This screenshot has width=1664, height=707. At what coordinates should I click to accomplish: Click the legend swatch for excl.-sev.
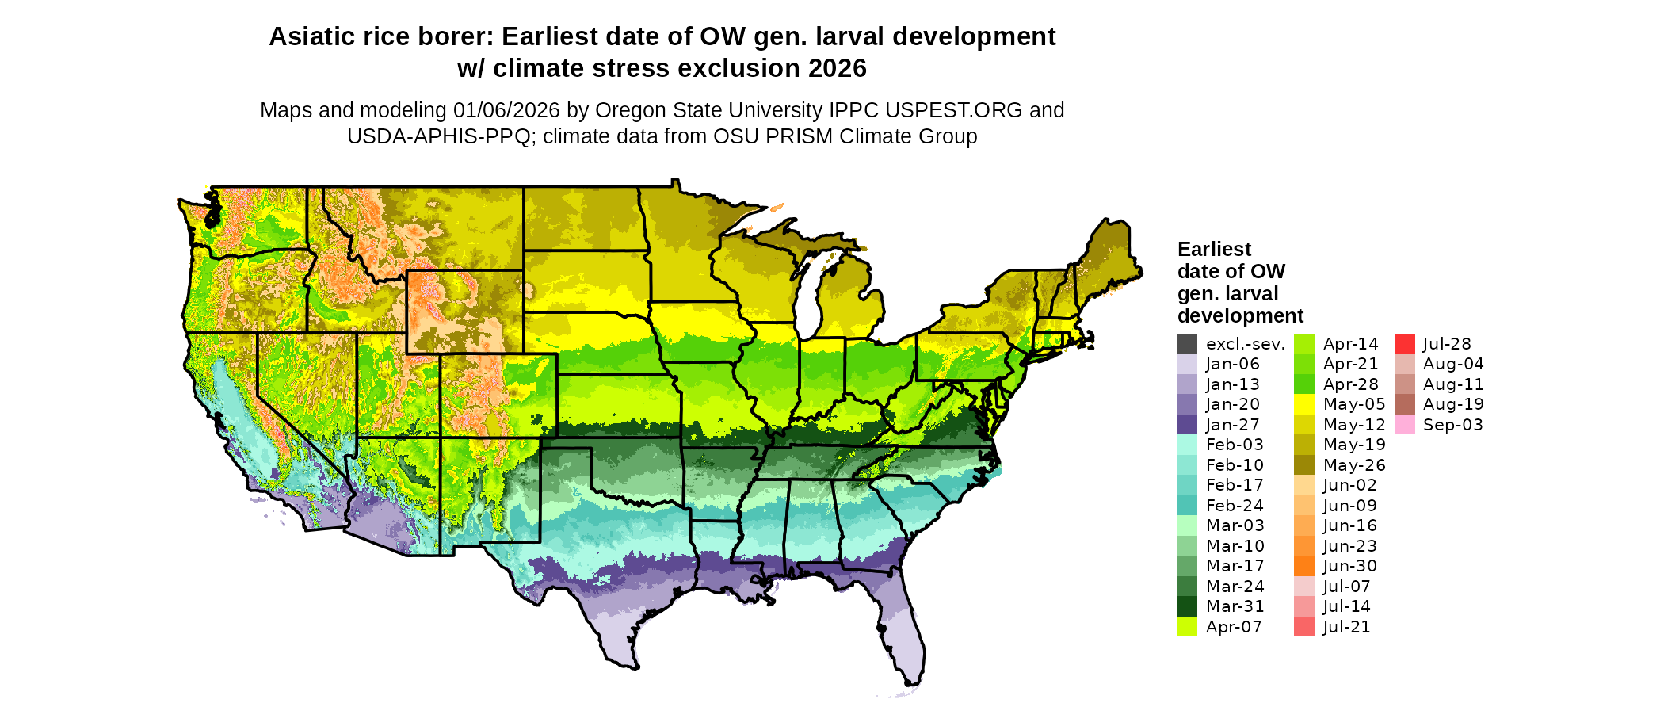(x=1187, y=344)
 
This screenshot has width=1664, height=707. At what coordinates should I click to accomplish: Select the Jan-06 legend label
(x=1232, y=365)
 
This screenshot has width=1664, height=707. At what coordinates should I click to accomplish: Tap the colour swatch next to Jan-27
(x=1187, y=425)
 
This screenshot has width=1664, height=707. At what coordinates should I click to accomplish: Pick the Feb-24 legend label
(x=1235, y=506)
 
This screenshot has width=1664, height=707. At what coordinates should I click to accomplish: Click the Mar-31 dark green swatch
(x=1187, y=606)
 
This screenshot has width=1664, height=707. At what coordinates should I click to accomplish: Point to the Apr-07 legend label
(x=1234, y=627)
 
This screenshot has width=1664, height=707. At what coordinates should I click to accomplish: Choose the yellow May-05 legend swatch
(x=1303, y=404)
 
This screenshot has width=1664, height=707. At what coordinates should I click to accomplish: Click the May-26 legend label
(x=1354, y=465)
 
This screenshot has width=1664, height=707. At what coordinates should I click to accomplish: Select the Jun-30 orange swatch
(x=1303, y=566)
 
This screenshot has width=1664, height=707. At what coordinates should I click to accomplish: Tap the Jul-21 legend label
(x=1346, y=627)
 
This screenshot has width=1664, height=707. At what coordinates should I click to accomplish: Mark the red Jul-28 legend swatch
(x=1404, y=344)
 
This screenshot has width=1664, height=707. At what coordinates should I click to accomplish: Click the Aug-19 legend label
(x=1453, y=404)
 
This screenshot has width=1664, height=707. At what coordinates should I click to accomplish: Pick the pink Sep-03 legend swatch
(x=1404, y=425)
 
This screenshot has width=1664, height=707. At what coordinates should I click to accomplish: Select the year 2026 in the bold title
(x=837, y=69)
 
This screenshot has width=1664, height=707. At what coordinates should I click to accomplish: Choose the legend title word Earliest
(x=1214, y=250)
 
